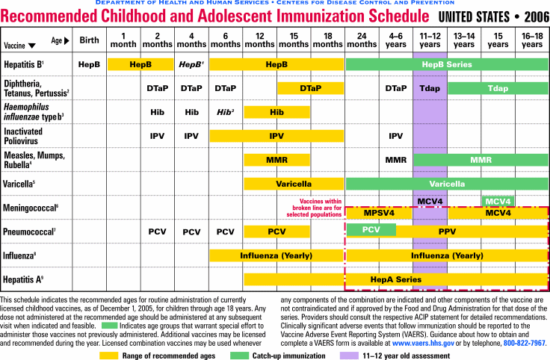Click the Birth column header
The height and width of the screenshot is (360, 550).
tap(90, 40)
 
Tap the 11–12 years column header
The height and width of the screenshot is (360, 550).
tap(430, 40)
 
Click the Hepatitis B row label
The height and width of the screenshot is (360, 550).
tap(22, 65)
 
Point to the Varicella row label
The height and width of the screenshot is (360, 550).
tap(19, 183)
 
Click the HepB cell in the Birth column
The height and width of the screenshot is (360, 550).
tap(90, 65)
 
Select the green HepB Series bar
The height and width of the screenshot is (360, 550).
tap(447, 65)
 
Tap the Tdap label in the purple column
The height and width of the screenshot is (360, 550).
tap(430, 88)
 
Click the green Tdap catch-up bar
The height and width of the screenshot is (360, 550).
tap(497, 88)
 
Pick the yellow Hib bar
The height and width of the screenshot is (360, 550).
tap(276, 112)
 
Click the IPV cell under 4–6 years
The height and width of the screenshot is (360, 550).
tap(395, 136)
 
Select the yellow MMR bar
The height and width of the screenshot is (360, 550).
tap(276, 160)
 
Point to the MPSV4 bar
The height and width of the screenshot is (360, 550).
tap(378, 213)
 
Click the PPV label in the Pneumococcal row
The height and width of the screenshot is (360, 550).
tap(447, 232)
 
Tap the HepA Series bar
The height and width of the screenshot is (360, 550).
tap(396, 279)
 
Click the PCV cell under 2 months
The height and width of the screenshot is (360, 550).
tap(157, 232)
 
